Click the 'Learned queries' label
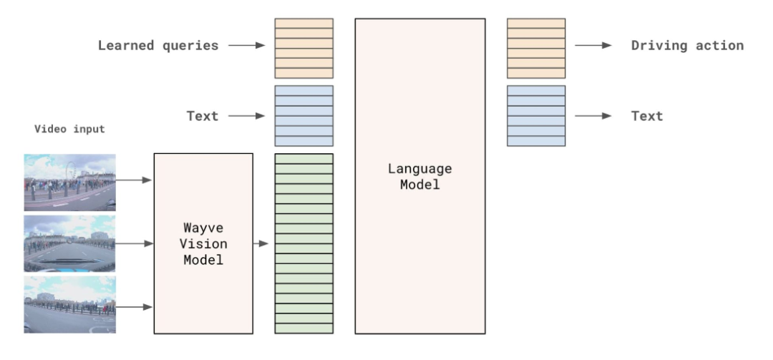click(x=158, y=46)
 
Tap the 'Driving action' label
click(x=687, y=46)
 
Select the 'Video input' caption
click(x=69, y=130)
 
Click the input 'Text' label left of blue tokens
click(x=203, y=116)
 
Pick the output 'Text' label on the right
click(x=647, y=116)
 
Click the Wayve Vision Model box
click(x=203, y=243)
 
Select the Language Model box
click(x=419, y=176)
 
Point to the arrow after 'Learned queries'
click(x=246, y=46)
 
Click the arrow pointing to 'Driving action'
click(x=593, y=46)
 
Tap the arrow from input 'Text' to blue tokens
click(x=246, y=116)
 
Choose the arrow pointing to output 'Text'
click(x=593, y=116)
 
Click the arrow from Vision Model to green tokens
click(x=262, y=244)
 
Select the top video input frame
click(x=69, y=182)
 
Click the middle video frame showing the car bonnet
click(x=69, y=243)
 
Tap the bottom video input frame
click(x=69, y=304)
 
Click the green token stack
click(x=303, y=243)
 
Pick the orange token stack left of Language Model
click(x=303, y=48)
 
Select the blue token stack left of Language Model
click(x=303, y=116)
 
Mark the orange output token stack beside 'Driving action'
click(x=535, y=48)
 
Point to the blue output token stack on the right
click(x=535, y=116)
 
